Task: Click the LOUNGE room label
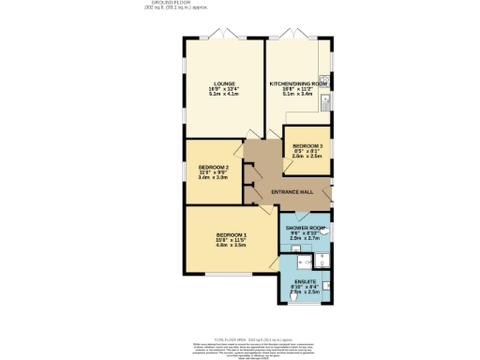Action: [222, 83]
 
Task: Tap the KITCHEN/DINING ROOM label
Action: [298, 83]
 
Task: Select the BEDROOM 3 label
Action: [307, 146]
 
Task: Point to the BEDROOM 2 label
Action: [214, 167]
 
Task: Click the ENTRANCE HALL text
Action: [292, 192]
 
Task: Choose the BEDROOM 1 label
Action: [231, 234]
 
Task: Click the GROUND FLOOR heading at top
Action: [240, 4]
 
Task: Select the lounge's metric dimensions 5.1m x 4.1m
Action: [222, 95]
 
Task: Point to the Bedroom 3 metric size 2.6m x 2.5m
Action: [307, 157]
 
